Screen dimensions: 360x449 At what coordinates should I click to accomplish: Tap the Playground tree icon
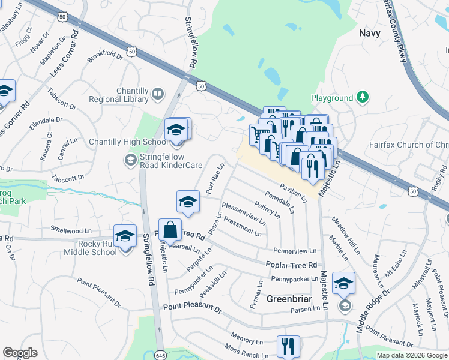tap(362, 97)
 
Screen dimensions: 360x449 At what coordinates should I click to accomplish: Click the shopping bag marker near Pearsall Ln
tap(170, 230)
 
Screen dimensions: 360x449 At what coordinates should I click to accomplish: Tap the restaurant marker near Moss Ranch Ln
tap(288, 346)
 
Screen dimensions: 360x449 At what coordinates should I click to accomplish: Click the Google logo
tap(20, 353)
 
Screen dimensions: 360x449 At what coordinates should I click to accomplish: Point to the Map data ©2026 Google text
tap(412, 355)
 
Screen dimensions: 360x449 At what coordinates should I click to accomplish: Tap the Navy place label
tap(370, 33)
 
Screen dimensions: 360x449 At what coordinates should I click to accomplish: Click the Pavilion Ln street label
tap(294, 192)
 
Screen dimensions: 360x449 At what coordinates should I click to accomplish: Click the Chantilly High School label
tap(120, 142)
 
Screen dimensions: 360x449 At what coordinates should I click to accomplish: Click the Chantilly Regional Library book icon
tap(157, 94)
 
